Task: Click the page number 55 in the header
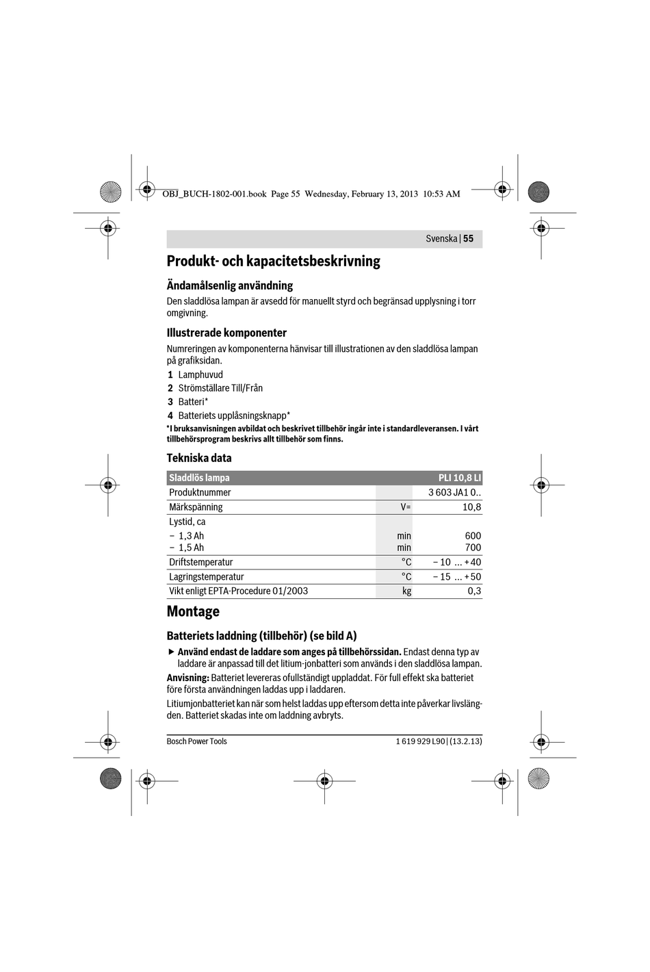(x=468, y=239)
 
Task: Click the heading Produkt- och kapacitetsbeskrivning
(x=273, y=261)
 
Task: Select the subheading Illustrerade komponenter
(x=226, y=333)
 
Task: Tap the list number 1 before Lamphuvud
(x=170, y=375)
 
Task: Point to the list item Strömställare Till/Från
(x=220, y=388)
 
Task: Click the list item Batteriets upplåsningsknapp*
(x=234, y=415)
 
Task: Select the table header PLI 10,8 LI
(x=459, y=478)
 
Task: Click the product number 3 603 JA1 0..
(x=454, y=493)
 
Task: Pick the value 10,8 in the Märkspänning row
(x=471, y=507)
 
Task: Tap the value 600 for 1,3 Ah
(x=473, y=536)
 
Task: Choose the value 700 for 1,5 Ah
(x=473, y=548)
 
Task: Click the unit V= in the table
(x=406, y=507)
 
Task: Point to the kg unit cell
(x=406, y=591)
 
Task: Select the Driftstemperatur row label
(x=201, y=563)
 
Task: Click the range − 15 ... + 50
(x=456, y=577)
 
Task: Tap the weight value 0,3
(x=474, y=591)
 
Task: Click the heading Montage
(x=193, y=611)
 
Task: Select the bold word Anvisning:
(x=187, y=678)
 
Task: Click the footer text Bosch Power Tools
(x=196, y=741)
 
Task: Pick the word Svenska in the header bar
(x=441, y=239)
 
